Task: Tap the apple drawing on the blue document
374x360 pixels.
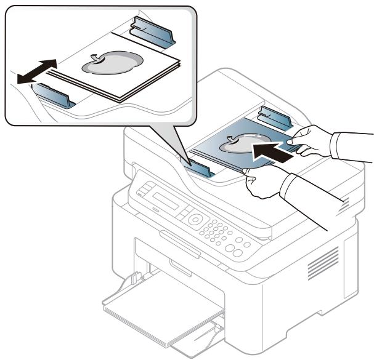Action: click(x=242, y=143)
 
